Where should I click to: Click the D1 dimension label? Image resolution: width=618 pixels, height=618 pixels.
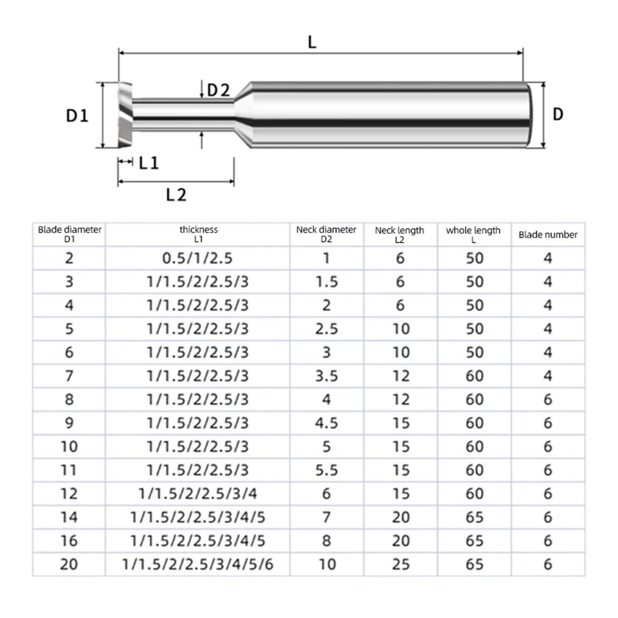tap(77, 116)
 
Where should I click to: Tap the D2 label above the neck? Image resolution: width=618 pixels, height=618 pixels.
tap(219, 90)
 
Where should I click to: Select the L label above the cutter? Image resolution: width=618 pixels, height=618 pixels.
tap(312, 42)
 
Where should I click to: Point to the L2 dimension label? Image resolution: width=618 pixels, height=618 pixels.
tap(176, 195)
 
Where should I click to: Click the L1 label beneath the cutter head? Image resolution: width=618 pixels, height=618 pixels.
tap(149, 163)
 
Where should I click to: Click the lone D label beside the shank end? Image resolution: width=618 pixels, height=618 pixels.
tap(558, 114)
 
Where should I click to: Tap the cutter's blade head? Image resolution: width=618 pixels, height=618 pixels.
tap(125, 115)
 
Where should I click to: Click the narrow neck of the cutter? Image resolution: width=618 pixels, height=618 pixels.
tap(183, 115)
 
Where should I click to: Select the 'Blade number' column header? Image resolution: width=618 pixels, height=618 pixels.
tap(548, 234)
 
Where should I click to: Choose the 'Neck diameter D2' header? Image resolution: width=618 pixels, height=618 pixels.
tap(326, 234)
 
